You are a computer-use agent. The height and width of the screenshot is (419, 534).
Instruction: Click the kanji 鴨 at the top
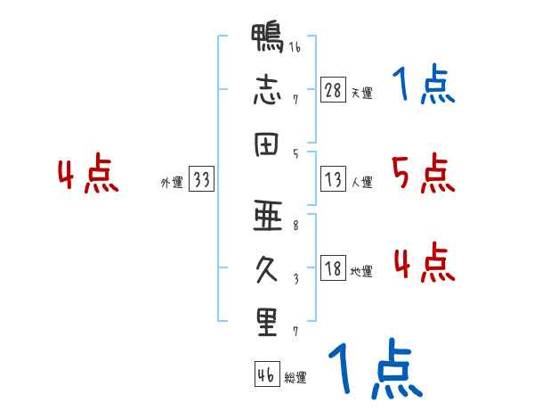coord(267,41)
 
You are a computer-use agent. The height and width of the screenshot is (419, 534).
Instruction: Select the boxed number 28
coord(334,90)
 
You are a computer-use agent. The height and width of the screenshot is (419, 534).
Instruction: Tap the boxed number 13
coord(334,180)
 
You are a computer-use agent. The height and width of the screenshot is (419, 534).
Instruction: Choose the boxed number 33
coord(201,180)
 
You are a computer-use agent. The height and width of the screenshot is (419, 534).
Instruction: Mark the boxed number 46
coord(266,375)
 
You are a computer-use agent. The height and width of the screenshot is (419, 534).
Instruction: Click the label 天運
coord(361,93)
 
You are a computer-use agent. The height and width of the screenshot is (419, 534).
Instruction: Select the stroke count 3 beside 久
coord(295,276)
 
